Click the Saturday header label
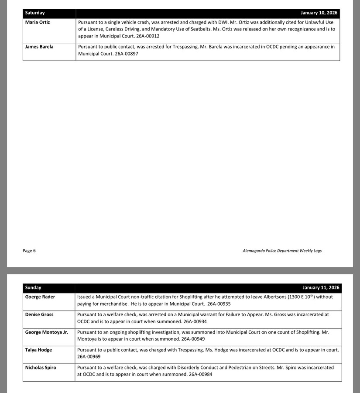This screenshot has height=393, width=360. (35, 13)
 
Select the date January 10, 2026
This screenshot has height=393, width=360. (319, 13)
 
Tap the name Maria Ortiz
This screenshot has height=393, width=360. (38, 22)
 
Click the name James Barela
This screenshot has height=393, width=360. (39, 47)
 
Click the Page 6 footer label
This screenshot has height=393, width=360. (29, 251)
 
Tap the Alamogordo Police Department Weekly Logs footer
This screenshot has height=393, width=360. (282, 251)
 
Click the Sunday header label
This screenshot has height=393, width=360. (33, 288)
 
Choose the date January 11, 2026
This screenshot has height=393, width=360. (321, 288)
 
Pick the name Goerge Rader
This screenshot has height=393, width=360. (40, 297)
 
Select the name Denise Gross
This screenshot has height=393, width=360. (39, 314)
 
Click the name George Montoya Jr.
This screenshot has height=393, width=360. (47, 332)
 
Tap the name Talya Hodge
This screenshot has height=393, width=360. (38, 350)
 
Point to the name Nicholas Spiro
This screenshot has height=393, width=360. (41, 368)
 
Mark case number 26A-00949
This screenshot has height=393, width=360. (193, 339)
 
